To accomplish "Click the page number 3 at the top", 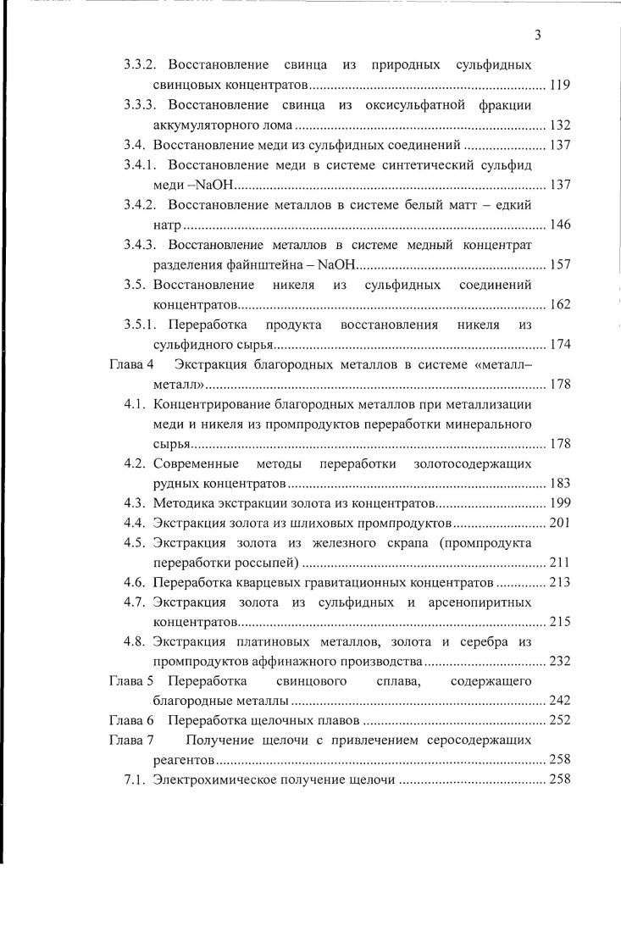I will tap(538, 35).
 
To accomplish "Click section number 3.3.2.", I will tap(141, 64).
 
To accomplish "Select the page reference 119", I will tap(560, 85).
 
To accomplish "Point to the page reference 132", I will tap(560, 125).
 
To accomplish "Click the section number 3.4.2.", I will tap(141, 204).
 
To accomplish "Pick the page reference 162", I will tap(560, 305).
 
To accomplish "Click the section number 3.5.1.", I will tap(141, 325).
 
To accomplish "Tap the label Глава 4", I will tap(131, 364).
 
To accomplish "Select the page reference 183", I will tap(560, 484).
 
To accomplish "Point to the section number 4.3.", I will tap(136, 503).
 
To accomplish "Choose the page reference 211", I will tap(560, 563).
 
